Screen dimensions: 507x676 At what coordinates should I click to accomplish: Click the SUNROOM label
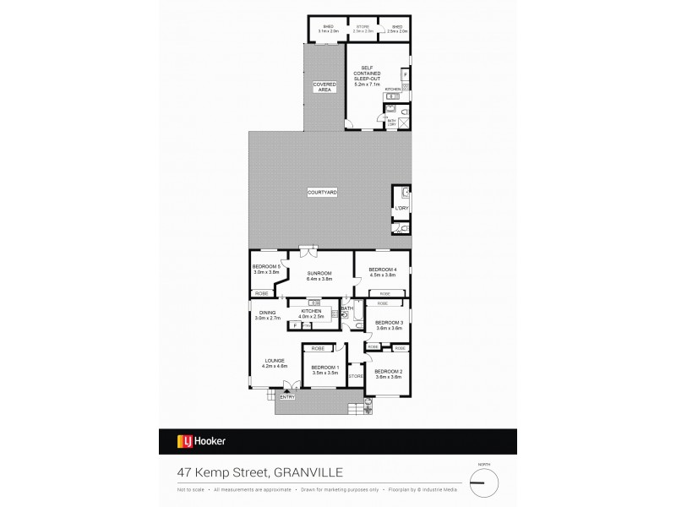319,274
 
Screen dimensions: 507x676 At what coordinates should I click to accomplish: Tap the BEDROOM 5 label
265,269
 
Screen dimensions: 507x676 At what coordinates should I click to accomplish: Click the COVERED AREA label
324,87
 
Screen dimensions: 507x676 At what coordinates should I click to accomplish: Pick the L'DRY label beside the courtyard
401,208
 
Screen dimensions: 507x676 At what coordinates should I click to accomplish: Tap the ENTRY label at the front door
287,396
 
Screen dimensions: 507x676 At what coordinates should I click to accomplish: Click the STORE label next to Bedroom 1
356,375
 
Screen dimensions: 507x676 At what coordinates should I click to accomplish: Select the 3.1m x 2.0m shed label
327,29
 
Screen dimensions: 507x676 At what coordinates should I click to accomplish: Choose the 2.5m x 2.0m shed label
397,29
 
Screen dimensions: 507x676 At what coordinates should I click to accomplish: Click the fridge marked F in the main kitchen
296,324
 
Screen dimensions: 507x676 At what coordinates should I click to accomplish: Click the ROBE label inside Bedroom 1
318,348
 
